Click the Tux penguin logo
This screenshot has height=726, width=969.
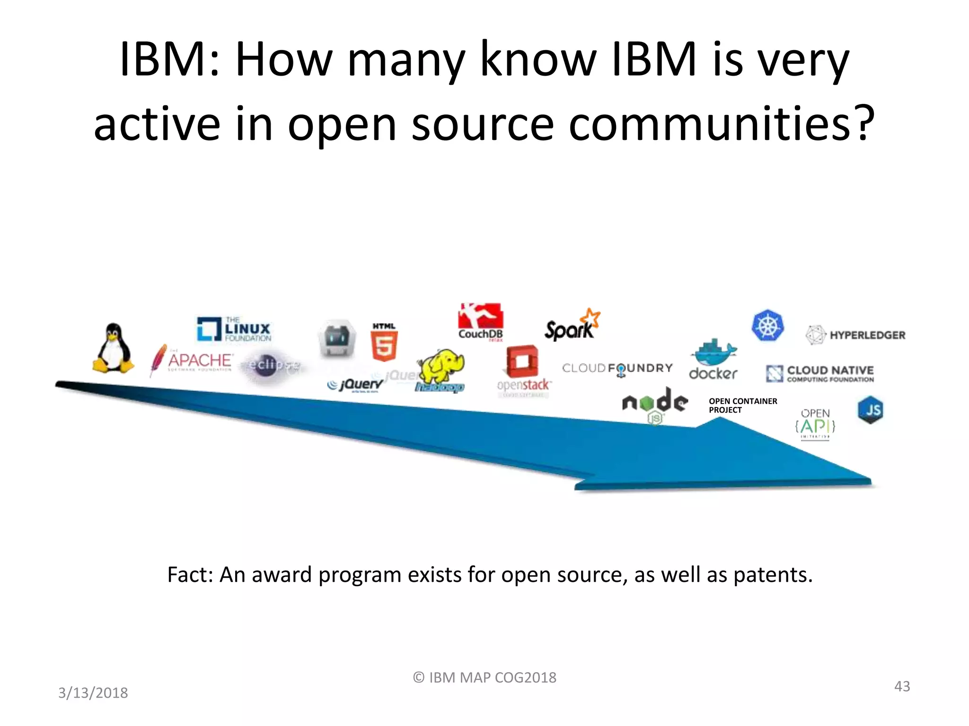click(x=113, y=349)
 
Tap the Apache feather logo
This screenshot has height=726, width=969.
click(x=158, y=360)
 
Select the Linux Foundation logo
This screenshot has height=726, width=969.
click(x=234, y=329)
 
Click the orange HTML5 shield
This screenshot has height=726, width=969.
click(x=384, y=345)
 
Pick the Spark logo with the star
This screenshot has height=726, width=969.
click(x=572, y=326)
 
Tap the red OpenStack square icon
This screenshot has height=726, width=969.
click(x=522, y=362)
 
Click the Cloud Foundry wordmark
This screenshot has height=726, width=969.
click(x=617, y=368)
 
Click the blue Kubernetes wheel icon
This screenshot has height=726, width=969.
click(x=767, y=326)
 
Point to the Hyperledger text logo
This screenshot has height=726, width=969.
click(x=856, y=335)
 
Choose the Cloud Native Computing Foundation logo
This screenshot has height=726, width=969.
click(x=820, y=373)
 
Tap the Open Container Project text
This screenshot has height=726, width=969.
click(x=742, y=406)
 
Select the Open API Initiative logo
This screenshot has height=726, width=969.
click(x=815, y=423)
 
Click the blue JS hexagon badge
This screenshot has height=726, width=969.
click(x=871, y=410)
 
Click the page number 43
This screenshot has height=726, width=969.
click(x=902, y=686)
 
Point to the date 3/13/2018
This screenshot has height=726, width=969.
click(x=93, y=692)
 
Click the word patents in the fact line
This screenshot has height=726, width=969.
click(x=772, y=575)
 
